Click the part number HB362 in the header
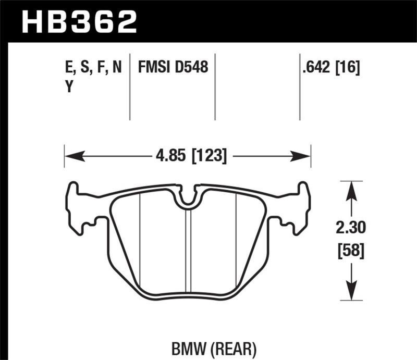79,21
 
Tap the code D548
192,67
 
